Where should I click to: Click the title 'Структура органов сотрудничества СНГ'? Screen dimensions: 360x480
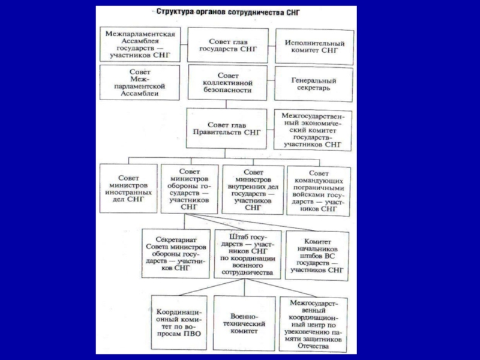[x=227, y=11]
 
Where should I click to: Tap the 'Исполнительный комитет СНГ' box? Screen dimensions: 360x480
[x=314, y=47]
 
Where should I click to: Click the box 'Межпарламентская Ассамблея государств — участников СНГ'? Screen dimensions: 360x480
[x=140, y=44]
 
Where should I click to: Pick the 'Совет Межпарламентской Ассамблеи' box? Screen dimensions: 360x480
[x=140, y=83]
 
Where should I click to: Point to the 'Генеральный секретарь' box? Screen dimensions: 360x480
[x=314, y=84]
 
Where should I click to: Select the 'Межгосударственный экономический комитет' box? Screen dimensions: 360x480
[x=314, y=129]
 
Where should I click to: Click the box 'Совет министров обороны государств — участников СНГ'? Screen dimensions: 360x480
[x=189, y=188]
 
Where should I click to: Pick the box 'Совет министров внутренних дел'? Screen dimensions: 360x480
[x=253, y=188]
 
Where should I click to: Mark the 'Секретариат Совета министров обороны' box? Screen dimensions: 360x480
[x=174, y=253]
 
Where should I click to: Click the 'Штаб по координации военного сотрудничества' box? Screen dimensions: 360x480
[x=246, y=253]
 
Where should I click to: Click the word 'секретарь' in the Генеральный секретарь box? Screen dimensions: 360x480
[x=314, y=89]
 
